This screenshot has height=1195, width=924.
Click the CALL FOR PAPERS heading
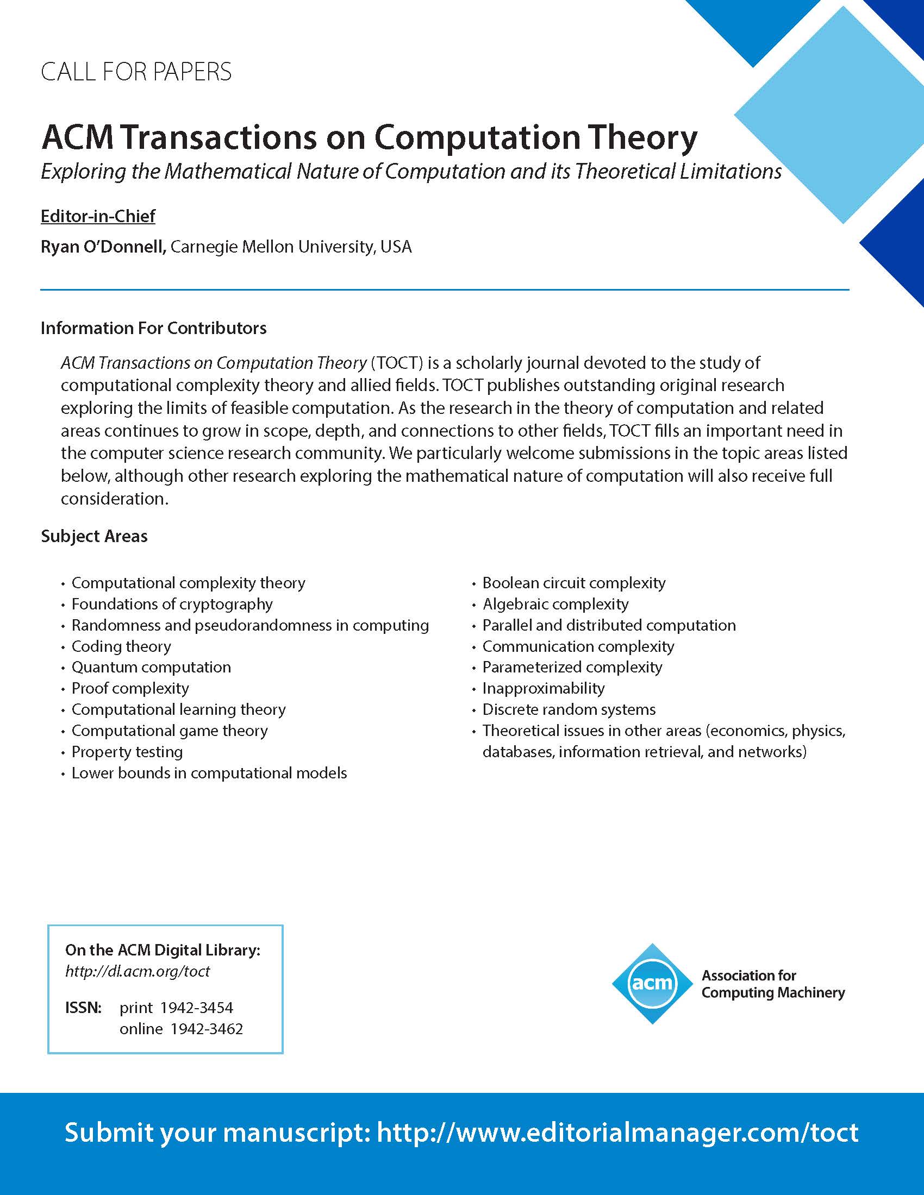coord(136,72)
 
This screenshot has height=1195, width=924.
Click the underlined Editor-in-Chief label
coord(98,216)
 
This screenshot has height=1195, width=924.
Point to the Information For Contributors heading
coord(154,328)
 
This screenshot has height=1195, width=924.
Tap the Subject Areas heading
coord(94,536)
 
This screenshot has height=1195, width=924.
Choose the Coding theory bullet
coord(121,646)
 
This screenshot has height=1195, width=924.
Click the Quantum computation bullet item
coord(151,667)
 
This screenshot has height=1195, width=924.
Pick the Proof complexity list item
coord(130,688)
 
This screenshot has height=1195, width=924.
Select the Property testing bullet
coord(127,752)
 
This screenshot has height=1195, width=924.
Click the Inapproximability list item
coord(543,688)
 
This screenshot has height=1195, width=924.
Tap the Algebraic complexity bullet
coord(555,604)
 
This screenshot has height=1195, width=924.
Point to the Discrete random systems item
coord(569,710)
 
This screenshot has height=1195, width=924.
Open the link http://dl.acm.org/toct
coord(138,971)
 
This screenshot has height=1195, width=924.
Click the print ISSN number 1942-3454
coord(201,1008)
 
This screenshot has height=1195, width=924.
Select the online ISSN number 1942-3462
coord(207,1029)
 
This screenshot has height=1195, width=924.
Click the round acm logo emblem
coord(652,984)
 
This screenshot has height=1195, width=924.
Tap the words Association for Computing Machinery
coord(773,984)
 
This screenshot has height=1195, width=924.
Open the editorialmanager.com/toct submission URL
coord(617,1132)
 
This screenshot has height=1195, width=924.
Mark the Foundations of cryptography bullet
coord(172,604)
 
